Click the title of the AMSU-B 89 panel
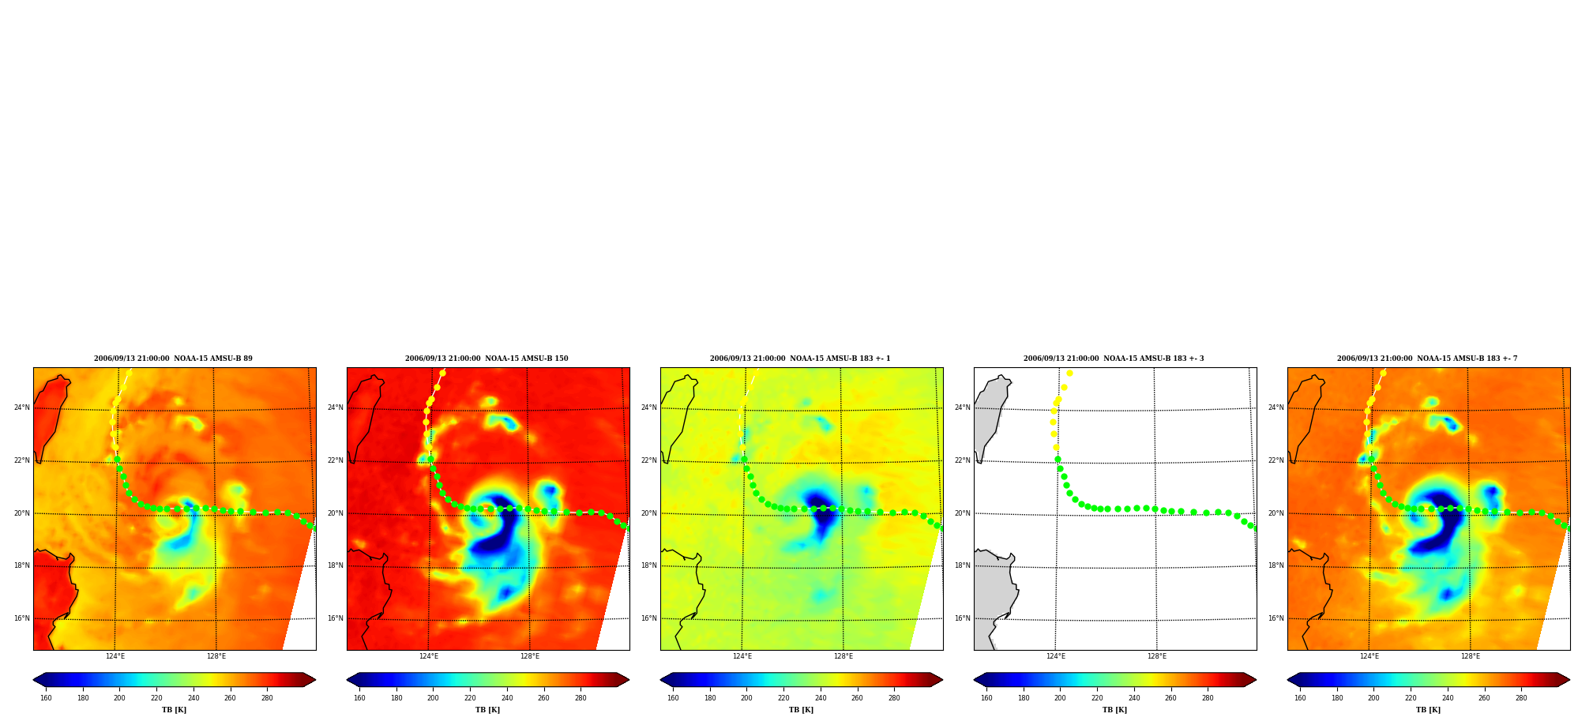pos(173,359)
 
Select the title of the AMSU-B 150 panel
pos(487,359)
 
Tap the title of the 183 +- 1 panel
pos(800,359)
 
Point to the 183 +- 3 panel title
pos(1114,359)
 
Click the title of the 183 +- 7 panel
pos(1427,359)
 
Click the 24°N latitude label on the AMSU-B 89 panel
pos(21,407)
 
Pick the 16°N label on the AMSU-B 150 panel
pos(335,618)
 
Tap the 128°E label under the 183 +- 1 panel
pos(843,656)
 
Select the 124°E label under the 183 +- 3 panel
pos(1055,656)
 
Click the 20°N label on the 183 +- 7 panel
pos(1276,513)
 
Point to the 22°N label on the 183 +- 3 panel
pos(962,460)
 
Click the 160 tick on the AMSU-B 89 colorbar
pos(46,698)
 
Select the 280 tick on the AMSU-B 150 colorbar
pos(580,698)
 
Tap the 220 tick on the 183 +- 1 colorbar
pos(783,698)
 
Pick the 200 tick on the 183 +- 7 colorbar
pos(1373,698)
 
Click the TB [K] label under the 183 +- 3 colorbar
pos(1114,710)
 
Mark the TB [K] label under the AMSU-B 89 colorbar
pos(174,710)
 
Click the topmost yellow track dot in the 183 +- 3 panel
pos(1069,373)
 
